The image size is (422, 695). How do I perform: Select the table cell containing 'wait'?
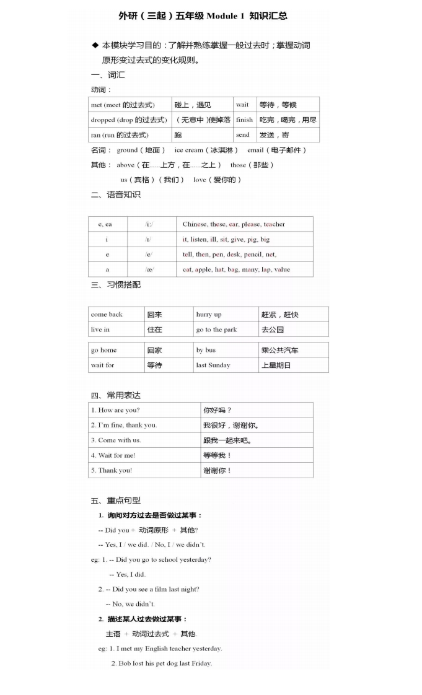pos(242,105)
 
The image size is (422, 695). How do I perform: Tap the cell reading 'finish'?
pos(244,120)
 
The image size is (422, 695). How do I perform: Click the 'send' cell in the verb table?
pos(243,134)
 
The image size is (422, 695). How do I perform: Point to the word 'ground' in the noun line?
pos(127,150)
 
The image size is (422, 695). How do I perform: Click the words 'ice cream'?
pos(189,150)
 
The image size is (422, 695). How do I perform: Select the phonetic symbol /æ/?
pos(149,269)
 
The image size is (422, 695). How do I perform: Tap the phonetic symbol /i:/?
pos(149,224)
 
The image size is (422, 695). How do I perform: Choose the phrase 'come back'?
pos(107,315)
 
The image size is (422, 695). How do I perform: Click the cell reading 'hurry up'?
pos(209,315)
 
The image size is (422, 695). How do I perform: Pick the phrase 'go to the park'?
pos(216,330)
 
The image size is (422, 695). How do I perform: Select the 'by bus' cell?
pos(206,350)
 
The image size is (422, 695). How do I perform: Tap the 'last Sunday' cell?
pos(213,365)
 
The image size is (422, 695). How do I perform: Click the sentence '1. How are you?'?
pos(115,410)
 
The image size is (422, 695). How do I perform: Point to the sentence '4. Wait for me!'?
pos(113,455)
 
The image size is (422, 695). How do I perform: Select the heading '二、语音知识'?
pos(115,195)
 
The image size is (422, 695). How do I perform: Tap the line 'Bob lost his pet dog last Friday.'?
pos(165,663)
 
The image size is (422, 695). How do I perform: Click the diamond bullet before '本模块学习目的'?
pos(95,45)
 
